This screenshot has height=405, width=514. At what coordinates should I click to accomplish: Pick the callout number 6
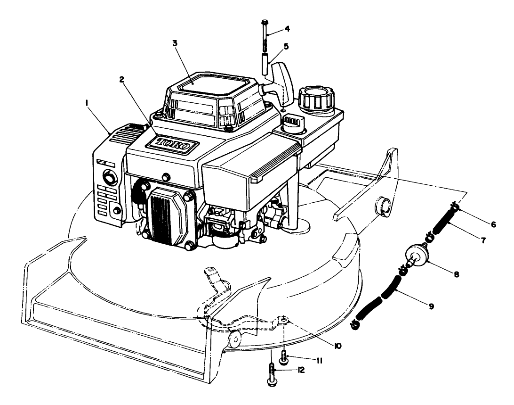pos(493,224)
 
